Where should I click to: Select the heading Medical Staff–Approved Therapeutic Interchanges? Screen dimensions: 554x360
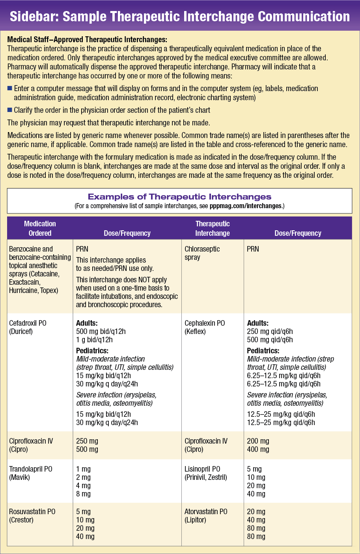pos(87,40)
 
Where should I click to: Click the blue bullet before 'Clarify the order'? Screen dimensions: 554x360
pos(10,110)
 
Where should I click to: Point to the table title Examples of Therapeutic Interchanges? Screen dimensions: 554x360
pos(179,197)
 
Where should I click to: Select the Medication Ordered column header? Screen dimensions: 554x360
pos(40,228)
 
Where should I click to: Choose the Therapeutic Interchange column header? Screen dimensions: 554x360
pos(213,228)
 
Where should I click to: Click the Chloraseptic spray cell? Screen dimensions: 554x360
pos(202,253)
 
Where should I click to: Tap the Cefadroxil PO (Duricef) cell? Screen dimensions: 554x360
pos(28,327)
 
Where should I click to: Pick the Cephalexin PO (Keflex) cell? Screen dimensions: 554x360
pos(205,327)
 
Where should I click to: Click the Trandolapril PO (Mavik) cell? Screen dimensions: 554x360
pos(30,473)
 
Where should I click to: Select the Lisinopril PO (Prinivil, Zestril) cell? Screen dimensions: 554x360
pos(209,473)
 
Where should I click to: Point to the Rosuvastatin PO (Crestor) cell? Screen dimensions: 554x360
pos(32,516)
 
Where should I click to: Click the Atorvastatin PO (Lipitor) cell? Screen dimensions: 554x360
pos(206,516)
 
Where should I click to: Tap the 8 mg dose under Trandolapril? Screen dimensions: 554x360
pos(83,494)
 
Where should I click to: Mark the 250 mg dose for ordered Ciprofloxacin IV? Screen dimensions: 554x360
pos(87,441)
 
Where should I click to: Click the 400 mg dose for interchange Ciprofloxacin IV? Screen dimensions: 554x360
pos(258,450)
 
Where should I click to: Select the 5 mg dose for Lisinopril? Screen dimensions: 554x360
pos(254,469)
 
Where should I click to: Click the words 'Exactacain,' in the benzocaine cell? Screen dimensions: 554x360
pos(24,282)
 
